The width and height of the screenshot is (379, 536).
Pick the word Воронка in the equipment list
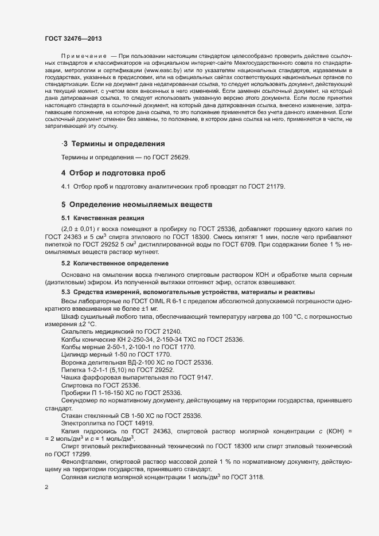[x=75, y=362]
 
